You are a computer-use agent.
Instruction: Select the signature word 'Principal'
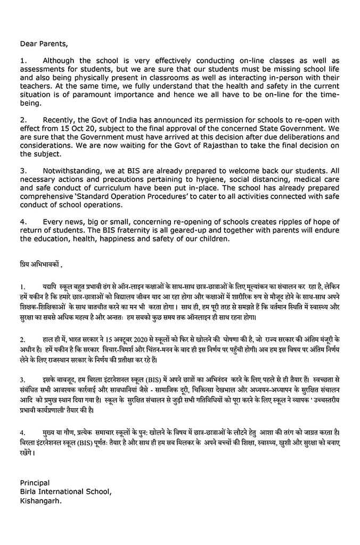[35, 482]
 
